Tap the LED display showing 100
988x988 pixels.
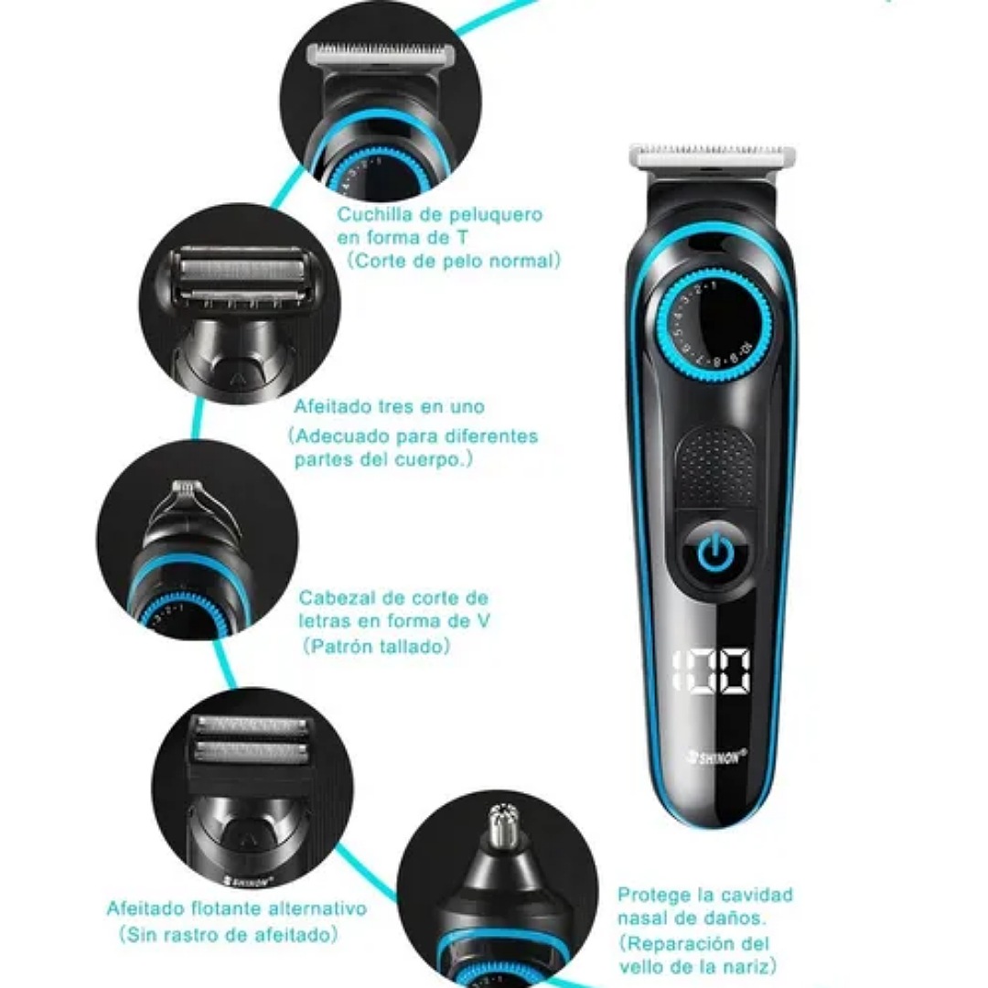[x=711, y=670]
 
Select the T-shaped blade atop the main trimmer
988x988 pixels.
[x=713, y=156]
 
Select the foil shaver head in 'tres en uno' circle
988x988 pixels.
[x=242, y=274]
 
